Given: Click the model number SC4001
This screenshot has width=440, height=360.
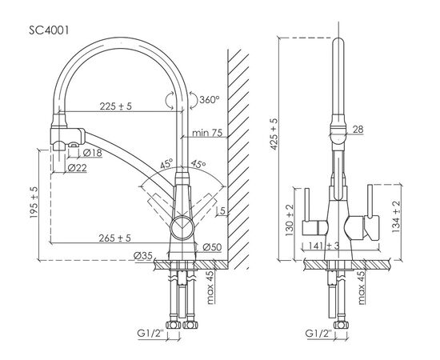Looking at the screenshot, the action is point(49,30).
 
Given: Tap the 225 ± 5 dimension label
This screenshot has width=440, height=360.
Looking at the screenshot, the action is point(116,106).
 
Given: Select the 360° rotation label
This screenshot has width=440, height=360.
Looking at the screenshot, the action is point(210,99).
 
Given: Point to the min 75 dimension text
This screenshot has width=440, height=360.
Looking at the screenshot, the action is point(207,133).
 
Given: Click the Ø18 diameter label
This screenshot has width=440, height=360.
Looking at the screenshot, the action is point(92,153).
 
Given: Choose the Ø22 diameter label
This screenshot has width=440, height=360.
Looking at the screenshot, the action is point(77,168).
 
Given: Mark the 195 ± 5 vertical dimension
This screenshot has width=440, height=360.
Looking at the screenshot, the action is point(34,202).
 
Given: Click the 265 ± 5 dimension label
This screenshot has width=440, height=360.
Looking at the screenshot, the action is point(114,238).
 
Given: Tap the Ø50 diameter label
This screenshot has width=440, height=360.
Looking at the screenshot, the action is point(212,247).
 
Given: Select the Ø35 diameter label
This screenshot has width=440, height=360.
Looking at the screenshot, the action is point(143,256).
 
